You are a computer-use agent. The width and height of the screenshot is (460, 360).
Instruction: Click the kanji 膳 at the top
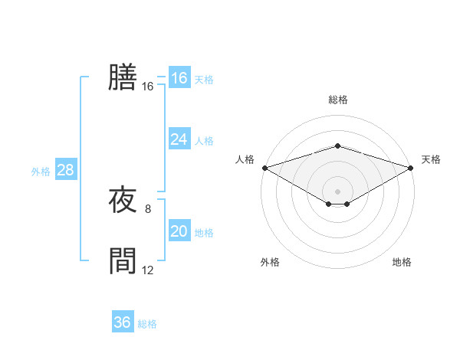coord(123,77)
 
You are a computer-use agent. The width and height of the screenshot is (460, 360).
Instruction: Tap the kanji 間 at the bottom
coord(123,261)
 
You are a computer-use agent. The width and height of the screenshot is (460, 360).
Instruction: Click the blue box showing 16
coord(179,78)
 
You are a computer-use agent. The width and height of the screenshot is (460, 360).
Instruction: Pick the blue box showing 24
coord(179,139)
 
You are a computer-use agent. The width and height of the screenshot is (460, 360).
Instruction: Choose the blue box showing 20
coord(179,231)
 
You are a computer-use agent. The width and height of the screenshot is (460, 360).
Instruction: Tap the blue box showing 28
coord(65,170)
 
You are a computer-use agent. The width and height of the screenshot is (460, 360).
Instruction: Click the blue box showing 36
coord(122,322)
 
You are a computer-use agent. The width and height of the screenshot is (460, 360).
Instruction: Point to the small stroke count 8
coord(148,209)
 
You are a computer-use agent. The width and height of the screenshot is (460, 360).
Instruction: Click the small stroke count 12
coord(148,270)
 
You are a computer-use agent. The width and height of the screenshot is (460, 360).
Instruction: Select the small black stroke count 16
coord(148,87)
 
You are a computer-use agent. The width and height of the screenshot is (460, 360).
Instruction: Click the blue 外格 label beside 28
coord(41,172)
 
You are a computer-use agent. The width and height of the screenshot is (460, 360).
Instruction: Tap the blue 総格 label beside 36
coord(147,324)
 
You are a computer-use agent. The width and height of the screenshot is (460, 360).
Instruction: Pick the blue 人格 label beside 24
coord(204,141)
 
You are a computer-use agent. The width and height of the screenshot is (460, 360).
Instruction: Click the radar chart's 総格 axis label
coord(337,100)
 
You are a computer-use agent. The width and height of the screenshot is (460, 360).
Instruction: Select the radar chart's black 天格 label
coord(431,159)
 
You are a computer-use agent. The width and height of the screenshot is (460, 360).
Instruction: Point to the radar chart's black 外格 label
coord(270,262)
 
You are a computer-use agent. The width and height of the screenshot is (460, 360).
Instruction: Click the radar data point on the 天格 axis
coord(412,168)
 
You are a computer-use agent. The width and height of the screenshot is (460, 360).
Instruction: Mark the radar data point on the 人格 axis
coord(264,168)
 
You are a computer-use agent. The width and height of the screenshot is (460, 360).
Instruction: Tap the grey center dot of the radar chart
coord(337,191)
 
